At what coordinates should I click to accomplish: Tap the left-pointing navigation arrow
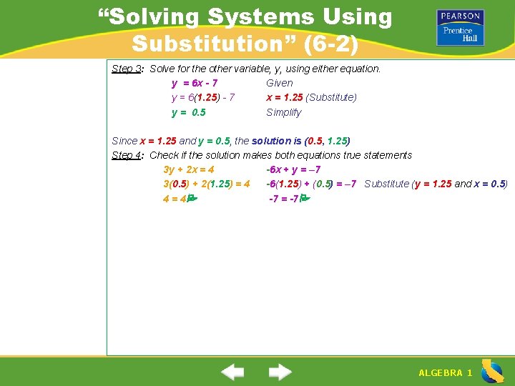(232, 372)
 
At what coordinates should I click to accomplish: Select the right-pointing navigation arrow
(280, 372)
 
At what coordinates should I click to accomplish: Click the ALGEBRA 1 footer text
(445, 373)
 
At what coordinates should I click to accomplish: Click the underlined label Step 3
(127, 69)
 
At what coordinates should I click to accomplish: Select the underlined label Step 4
(127, 155)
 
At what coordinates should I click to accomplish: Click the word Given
(280, 83)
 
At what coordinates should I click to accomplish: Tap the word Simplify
(284, 112)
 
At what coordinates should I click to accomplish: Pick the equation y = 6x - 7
(195, 83)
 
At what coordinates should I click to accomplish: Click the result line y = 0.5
(189, 112)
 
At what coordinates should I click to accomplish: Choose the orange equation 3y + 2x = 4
(189, 169)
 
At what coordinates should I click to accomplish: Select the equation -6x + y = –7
(293, 169)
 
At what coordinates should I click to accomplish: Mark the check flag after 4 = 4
(191, 199)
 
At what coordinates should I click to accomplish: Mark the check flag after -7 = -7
(304, 199)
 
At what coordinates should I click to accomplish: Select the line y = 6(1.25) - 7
(203, 97)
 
